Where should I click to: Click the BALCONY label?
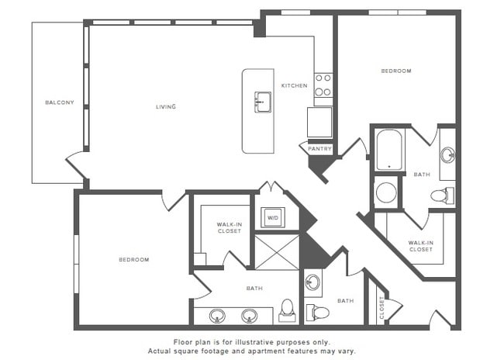coord(60,102)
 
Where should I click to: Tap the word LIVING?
coord(165,106)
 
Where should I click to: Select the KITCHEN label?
coord(294,85)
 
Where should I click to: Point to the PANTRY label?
coord(319,148)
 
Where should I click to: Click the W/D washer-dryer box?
coord(273,218)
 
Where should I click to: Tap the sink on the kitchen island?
coord(263,101)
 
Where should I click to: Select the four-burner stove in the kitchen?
coord(323,85)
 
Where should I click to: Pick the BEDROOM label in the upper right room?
coord(395,71)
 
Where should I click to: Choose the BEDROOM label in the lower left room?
coord(133,259)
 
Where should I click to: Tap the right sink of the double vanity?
coord(250,315)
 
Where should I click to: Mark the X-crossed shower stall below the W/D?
coord(277,251)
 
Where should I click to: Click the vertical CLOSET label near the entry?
coord(381,308)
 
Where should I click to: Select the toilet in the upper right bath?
coord(440,195)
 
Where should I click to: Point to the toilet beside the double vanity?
coord(287,311)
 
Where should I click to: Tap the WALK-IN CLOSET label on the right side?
coord(420,246)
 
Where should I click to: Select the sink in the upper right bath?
coord(447,154)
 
